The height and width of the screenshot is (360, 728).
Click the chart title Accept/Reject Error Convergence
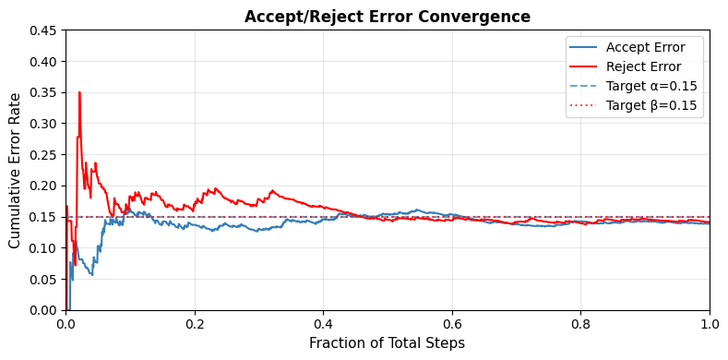[x=387, y=17]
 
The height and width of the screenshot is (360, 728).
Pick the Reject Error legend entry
[x=643, y=66]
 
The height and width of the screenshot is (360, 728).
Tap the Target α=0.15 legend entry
[x=651, y=86]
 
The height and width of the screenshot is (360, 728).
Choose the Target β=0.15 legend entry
[x=651, y=105]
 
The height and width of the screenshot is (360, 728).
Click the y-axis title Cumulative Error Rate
[x=15, y=170]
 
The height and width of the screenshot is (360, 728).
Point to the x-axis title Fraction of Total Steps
[x=387, y=343]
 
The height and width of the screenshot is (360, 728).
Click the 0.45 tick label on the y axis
[x=42, y=30]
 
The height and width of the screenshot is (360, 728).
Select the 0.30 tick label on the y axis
[x=42, y=124]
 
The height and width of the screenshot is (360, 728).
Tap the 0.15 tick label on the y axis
[x=42, y=217]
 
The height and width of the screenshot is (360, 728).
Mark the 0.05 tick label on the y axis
[x=42, y=280]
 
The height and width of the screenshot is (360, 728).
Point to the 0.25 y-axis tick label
[x=42, y=155]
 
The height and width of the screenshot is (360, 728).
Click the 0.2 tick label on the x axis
[x=195, y=324]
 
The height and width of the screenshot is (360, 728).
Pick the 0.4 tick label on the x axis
[x=323, y=324]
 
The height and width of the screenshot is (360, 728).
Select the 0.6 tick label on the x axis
[x=452, y=324]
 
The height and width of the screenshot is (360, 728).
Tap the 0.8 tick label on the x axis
[x=580, y=324]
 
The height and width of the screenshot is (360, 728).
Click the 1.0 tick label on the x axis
[x=709, y=324]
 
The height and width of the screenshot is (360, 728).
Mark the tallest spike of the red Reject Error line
[x=79, y=92]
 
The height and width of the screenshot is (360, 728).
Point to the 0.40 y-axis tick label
[x=42, y=62]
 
